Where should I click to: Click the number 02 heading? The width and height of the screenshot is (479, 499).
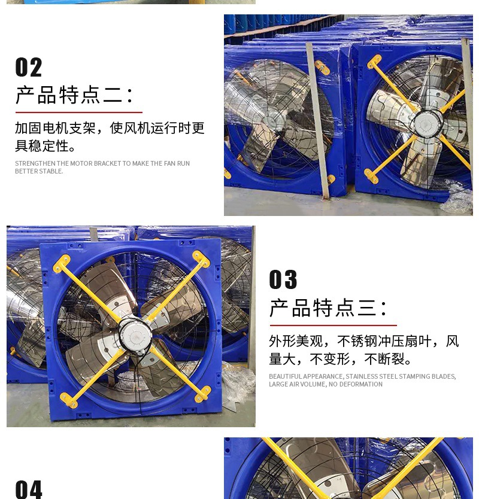[x=29, y=68]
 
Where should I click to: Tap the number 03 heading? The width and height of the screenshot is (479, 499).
[x=283, y=280]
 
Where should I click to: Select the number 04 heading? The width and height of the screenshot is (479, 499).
[x=29, y=489]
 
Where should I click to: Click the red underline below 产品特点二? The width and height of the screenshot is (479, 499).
[x=78, y=112]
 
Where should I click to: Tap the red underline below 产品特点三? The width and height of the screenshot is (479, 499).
[x=333, y=325]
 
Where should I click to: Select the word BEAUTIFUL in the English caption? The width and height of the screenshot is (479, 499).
[x=285, y=376]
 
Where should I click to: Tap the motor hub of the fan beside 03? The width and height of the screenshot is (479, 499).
[x=134, y=331]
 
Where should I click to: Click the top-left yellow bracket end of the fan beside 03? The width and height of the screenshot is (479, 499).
[x=61, y=263]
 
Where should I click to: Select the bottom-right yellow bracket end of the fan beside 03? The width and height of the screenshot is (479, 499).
[x=203, y=394]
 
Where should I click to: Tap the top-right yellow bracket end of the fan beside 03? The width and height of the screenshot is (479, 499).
[x=201, y=258]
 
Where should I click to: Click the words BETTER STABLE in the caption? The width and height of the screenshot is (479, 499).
[x=39, y=171]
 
